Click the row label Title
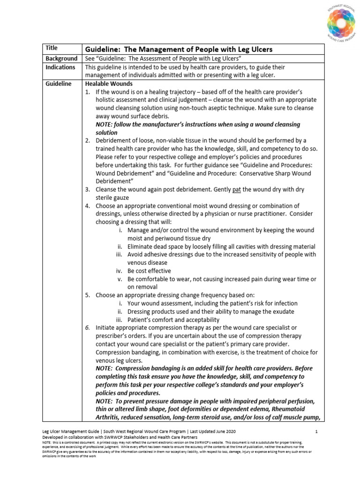pos(52,48)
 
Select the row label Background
pos(61,59)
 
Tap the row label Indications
pos(60,67)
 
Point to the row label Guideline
pos(59,83)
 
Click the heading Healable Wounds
pos(108,83)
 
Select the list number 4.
pos(88,206)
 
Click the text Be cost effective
pos(149,270)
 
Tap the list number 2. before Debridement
pos(88,141)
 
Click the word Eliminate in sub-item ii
pos(142,246)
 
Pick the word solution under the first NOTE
pos(106,133)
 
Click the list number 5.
pos(88,295)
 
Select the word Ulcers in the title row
pos(258,49)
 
